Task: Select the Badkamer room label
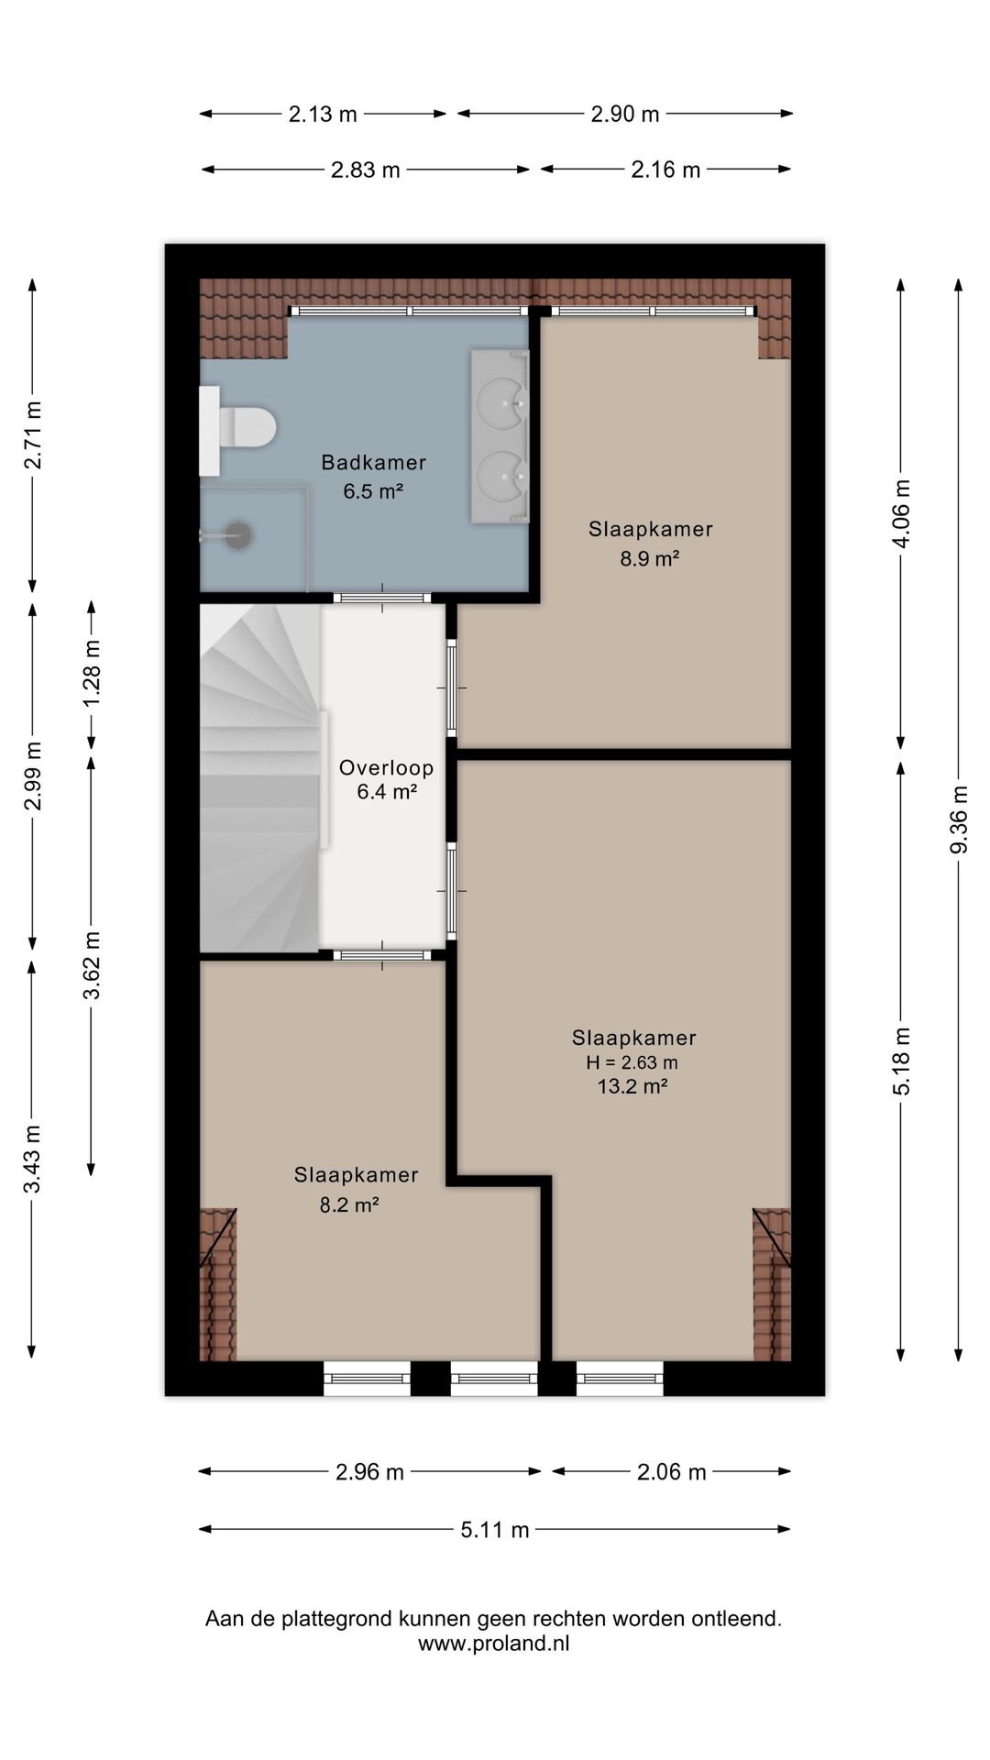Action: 374,463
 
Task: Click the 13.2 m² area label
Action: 632,1087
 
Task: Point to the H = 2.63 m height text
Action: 632,1063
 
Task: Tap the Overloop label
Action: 386,768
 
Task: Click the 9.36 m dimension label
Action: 959,819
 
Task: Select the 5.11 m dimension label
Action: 495,1530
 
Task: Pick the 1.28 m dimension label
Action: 92,674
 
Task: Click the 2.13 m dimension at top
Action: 323,115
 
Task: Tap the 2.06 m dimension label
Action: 672,1472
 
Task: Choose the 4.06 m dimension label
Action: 902,513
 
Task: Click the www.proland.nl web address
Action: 494,1644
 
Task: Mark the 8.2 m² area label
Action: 349,1205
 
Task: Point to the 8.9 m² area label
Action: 650,558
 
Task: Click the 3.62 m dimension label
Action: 92,966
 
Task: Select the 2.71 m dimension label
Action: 33,435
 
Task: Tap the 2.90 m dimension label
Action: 625,115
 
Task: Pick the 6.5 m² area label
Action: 374,491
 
